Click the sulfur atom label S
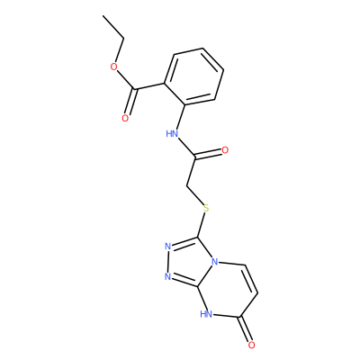pyautogui.click(x=206, y=208)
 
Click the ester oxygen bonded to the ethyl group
pyautogui.click(x=113, y=67)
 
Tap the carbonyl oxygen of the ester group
pyautogui.click(x=125, y=118)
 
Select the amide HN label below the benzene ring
pyautogui.click(x=172, y=133)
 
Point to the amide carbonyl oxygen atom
pyautogui.click(x=225, y=150)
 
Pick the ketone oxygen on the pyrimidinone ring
pyautogui.click(x=251, y=345)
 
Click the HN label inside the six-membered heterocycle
pyautogui.click(x=206, y=314)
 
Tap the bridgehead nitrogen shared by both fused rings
pyautogui.click(x=215, y=262)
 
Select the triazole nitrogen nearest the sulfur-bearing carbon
pyautogui.click(x=168, y=247)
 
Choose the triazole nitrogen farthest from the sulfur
pyautogui.click(x=168, y=276)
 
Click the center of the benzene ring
pyautogui.click(x=194, y=76)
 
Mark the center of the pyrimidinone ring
pyautogui.click(x=229, y=290)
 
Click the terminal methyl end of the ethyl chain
pyautogui.click(x=103, y=15)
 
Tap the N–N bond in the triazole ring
pyautogui.click(x=168, y=262)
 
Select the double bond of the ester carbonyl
pyautogui.click(x=130, y=102)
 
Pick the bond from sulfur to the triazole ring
pyautogui.click(x=201, y=224)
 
